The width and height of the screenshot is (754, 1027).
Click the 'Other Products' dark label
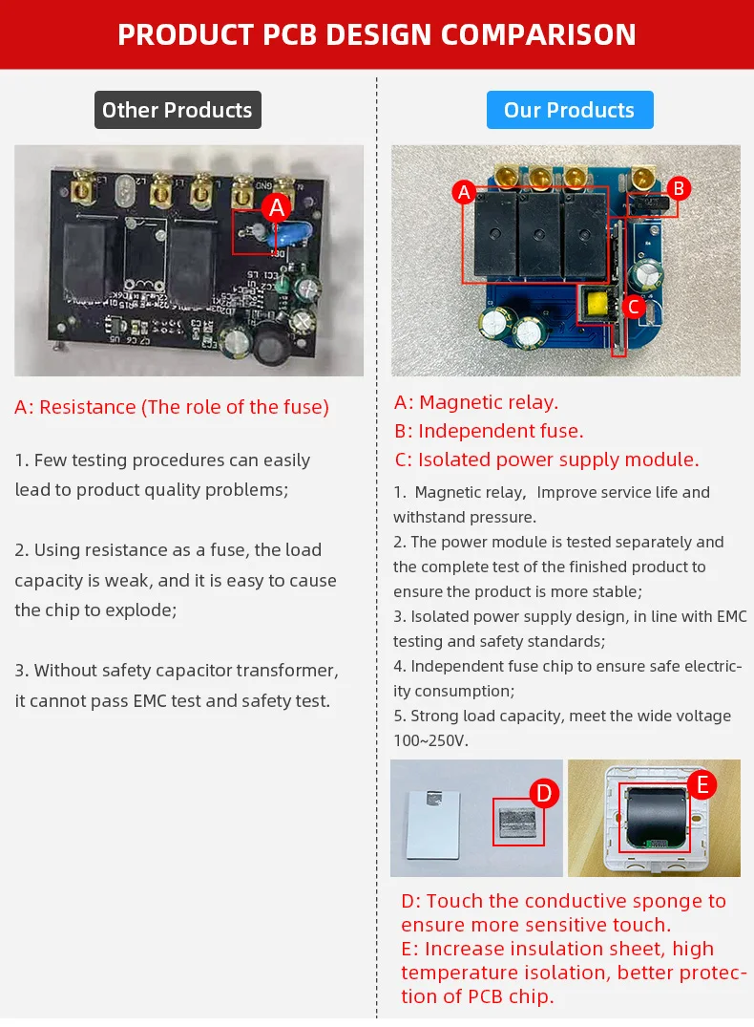tap(177, 110)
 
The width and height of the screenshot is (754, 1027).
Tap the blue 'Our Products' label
tap(569, 110)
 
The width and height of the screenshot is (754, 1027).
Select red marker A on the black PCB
tap(277, 207)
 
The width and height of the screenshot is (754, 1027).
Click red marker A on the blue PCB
tap(465, 192)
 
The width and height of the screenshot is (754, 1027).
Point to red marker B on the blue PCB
tap(678, 188)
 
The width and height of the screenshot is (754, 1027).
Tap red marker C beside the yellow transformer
tap(633, 307)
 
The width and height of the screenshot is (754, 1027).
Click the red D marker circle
tap(543, 792)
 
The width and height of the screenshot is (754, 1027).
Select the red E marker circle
tap(702, 785)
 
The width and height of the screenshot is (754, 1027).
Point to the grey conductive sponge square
tap(517, 822)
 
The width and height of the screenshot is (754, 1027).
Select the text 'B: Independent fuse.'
tap(489, 431)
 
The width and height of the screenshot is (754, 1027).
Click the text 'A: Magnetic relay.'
tap(476, 402)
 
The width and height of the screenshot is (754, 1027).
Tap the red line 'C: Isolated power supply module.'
tap(546, 460)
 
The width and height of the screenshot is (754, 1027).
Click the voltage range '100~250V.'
tap(430, 740)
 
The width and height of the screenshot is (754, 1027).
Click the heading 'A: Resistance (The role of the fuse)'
tap(172, 407)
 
